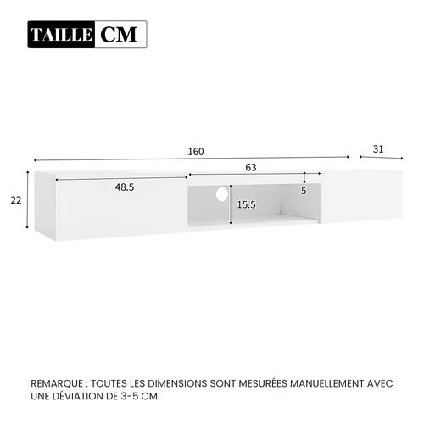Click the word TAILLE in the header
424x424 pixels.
(x=63, y=35)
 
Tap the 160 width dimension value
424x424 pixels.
(x=196, y=152)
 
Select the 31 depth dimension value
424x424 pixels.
(x=378, y=148)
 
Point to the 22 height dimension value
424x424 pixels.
(x=16, y=201)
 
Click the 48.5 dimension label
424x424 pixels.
(x=125, y=187)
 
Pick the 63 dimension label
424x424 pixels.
(x=251, y=169)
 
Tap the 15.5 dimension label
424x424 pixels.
(x=247, y=204)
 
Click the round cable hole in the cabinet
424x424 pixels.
(x=222, y=194)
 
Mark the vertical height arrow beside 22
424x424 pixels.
(x=29, y=201)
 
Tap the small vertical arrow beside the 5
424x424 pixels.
(x=304, y=178)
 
